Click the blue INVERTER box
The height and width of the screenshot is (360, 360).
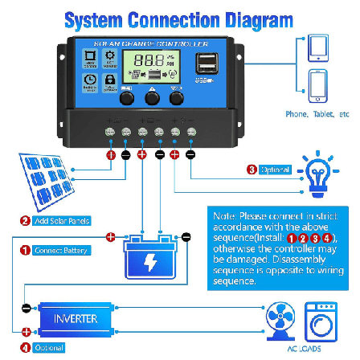click(76, 318)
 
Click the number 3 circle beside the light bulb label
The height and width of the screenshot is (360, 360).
click(252, 170)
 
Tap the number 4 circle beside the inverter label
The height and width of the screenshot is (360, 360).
click(24, 347)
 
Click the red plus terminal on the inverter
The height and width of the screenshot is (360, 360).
click(26, 330)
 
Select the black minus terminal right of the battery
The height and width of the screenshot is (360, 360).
click(186, 237)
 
